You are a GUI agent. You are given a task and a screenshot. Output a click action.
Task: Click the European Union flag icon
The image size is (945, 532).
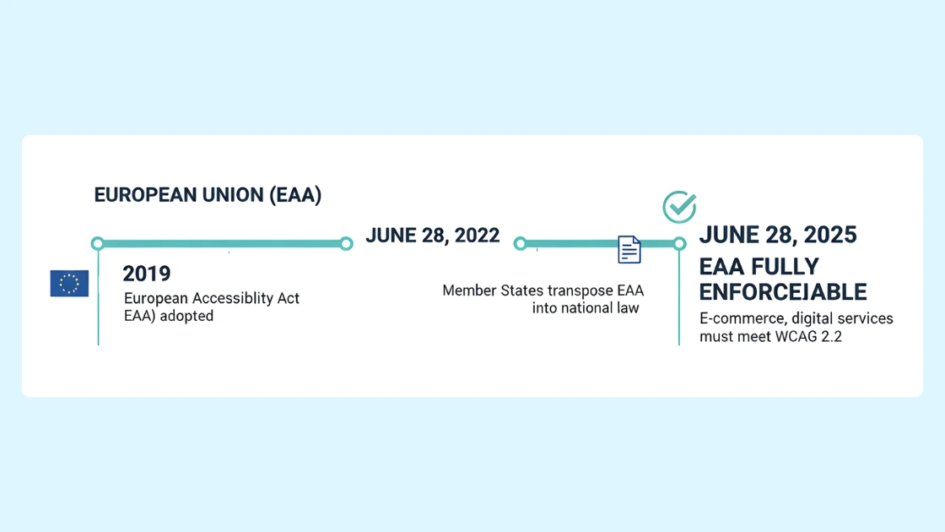69,284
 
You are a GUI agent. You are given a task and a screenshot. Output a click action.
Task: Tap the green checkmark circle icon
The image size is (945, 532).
679,207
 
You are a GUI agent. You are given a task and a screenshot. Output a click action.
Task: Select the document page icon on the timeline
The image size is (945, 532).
629,249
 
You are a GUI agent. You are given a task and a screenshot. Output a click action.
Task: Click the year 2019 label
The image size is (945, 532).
147,274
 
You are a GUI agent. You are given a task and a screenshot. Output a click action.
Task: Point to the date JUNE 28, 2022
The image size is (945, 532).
432,236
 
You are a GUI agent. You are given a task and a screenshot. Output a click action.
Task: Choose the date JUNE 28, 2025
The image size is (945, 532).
778,235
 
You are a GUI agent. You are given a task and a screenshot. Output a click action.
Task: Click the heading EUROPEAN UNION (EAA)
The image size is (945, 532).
208,195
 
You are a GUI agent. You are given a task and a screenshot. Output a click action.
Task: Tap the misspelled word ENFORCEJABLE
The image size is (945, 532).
783,292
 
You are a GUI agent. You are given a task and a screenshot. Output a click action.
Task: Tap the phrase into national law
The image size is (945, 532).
586,308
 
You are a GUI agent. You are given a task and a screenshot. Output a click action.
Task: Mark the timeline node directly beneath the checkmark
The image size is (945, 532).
679,244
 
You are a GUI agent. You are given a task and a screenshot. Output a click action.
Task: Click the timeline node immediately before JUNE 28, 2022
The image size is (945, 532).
346,244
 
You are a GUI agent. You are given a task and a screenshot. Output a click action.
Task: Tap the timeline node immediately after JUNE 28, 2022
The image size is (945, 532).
521,244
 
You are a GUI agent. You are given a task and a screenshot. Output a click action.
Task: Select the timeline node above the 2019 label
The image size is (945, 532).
98,244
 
